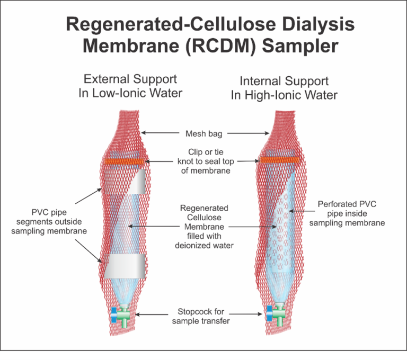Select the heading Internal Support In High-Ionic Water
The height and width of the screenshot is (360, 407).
pos(284,88)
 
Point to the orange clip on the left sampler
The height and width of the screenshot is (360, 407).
pos(123,160)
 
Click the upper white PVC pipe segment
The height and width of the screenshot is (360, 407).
pos(135,183)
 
